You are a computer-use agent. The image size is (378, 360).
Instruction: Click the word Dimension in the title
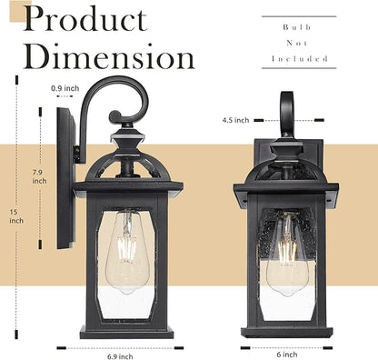pyautogui.click(x=110, y=57)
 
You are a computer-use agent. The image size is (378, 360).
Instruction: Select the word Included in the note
pyautogui.click(x=299, y=58)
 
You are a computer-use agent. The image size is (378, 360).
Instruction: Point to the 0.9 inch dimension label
pyautogui.click(x=65, y=88)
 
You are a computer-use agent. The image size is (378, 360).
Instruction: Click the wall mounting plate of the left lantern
pyautogui.click(x=65, y=177)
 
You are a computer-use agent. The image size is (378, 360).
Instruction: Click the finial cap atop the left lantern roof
pyautogui.click(x=126, y=142)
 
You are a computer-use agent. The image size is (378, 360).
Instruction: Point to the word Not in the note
pyautogui.click(x=299, y=43)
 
